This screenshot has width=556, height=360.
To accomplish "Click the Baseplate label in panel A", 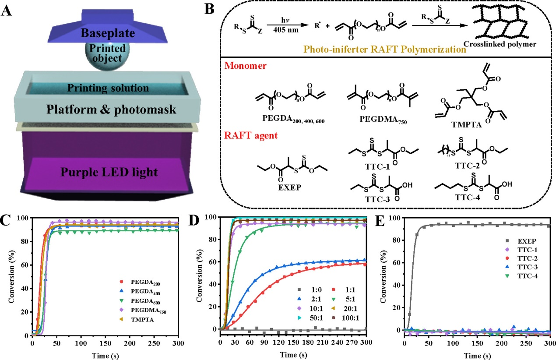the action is pos(108,33).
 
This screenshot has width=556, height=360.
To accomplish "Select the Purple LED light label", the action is pos(109,172).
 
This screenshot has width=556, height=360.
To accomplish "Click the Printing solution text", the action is pos(108,88).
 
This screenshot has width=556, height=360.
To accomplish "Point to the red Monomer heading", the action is pos(245,66).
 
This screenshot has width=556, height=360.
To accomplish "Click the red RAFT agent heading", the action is pos(251,136).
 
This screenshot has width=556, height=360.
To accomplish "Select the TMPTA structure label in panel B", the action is pos(466,124).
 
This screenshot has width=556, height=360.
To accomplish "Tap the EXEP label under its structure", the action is pos(290,187).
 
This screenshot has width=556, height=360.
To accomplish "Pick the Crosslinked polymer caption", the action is pos(500,44).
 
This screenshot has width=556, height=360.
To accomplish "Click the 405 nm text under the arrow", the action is pos(286,30).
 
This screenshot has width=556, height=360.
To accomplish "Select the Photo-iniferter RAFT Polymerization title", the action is pos(385,49).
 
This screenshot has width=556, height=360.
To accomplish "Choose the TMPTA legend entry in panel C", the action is pos(137,320).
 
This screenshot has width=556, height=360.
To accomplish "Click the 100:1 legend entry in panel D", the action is pos(345,318).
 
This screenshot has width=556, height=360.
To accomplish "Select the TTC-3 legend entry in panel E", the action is pos(521,267).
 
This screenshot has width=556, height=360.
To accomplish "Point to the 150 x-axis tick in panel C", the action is pos(105,343).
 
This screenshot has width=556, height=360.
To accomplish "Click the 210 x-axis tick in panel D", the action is pos(322,342).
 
